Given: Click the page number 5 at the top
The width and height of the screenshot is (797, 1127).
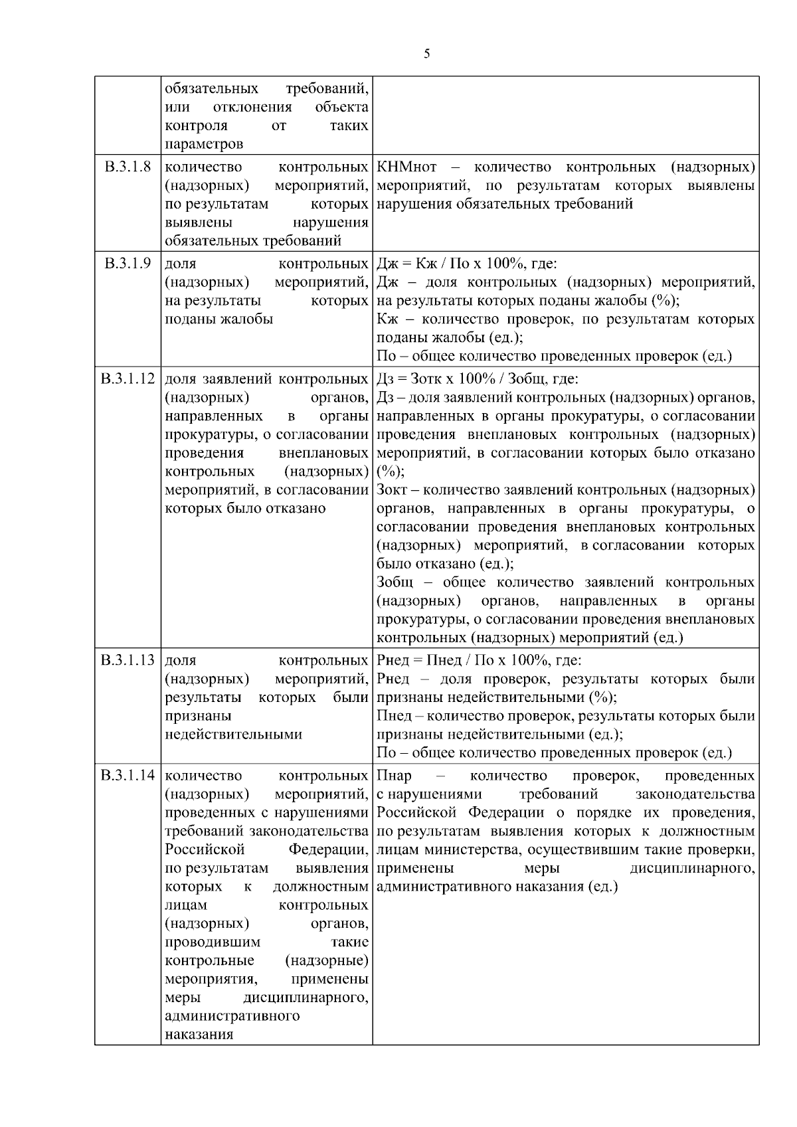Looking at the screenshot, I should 426,54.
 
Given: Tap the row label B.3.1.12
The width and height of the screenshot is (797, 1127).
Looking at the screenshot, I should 128,379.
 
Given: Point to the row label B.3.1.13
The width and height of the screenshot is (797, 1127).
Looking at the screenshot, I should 128,661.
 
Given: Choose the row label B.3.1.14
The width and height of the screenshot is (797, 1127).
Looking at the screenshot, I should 128,775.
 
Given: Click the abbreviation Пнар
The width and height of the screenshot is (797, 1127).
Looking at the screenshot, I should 394,776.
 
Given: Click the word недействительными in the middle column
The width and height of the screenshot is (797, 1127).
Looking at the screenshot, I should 233,735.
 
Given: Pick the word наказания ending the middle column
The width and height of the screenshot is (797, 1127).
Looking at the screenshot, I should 199,1035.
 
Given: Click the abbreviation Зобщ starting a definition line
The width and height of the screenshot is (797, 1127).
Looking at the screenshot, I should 395,582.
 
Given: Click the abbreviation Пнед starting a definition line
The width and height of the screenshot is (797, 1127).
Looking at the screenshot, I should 393,716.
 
